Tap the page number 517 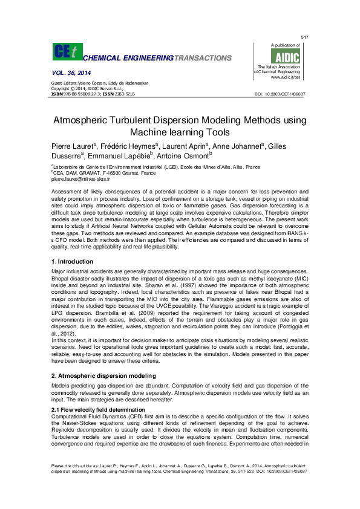tap(304, 37)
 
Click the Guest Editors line tap(100, 82)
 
